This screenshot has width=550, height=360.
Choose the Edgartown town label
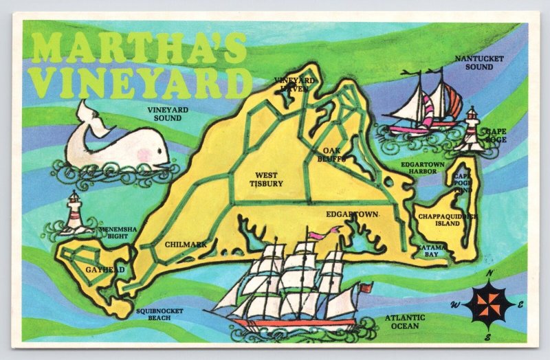click(352, 214)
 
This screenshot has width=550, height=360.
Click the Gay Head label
click(105, 270)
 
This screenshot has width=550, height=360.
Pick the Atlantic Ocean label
click(405, 322)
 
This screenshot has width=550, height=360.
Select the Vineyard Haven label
click(294, 84)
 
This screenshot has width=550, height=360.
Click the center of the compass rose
click(489, 304)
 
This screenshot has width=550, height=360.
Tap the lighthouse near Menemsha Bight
click(73, 213)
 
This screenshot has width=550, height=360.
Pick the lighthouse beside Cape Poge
click(472, 128)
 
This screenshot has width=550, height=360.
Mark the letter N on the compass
click(489, 273)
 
